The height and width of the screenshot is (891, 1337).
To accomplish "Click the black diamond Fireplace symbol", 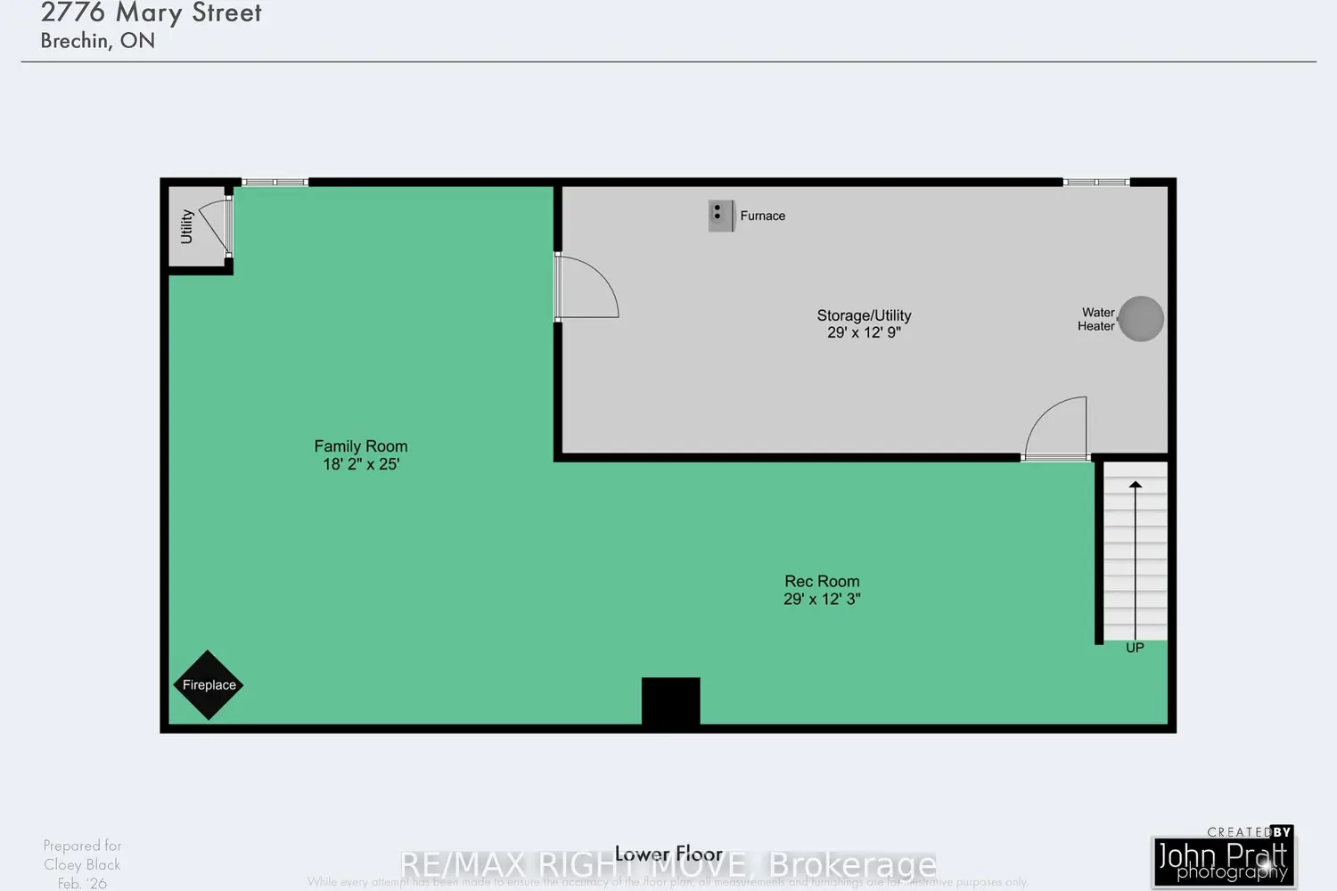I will tap(208, 684).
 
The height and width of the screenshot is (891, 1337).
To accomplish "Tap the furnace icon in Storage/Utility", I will tap(721, 216).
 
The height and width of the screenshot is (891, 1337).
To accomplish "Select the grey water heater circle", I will tap(1140, 319).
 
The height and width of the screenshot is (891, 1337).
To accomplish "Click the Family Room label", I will tap(361, 446).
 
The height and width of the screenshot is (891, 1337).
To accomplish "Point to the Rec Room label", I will tap(822, 582).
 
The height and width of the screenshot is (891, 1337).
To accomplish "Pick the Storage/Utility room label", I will tap(864, 315).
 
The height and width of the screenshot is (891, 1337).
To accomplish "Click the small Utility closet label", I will tap(187, 226).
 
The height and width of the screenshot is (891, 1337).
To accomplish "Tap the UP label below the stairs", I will tap(1135, 648).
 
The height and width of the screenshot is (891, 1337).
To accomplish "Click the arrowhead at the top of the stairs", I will tap(1136, 485).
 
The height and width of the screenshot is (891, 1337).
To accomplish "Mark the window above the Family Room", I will tap(275, 183).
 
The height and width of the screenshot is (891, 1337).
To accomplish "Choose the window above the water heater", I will tap(1096, 183).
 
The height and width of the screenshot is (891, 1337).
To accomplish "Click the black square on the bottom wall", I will tap(670, 702).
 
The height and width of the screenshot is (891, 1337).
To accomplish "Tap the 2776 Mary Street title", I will tap(152, 12).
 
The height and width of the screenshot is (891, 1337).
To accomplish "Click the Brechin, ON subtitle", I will tap(98, 41).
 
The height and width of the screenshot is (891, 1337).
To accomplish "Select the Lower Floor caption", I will tap(668, 854).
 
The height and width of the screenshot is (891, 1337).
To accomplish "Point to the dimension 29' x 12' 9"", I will tap(864, 332).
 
